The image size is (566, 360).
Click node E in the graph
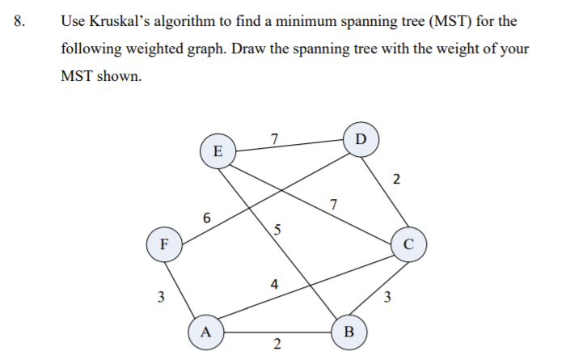click(x=216, y=150)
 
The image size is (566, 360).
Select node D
click(x=360, y=138)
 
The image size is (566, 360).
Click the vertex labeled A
click(x=205, y=331)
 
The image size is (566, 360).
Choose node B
click(x=349, y=331)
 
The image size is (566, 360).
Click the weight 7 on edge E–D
click(x=275, y=138)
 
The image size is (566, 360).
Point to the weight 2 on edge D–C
click(x=395, y=180)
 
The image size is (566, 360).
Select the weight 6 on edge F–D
click(x=208, y=218)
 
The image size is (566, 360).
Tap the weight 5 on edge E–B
click(x=277, y=229)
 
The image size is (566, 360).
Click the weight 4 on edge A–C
click(x=275, y=284)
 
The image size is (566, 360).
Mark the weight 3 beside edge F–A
click(x=161, y=297)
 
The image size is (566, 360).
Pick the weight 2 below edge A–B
click(x=277, y=346)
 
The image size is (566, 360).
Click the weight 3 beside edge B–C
click(x=388, y=297)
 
